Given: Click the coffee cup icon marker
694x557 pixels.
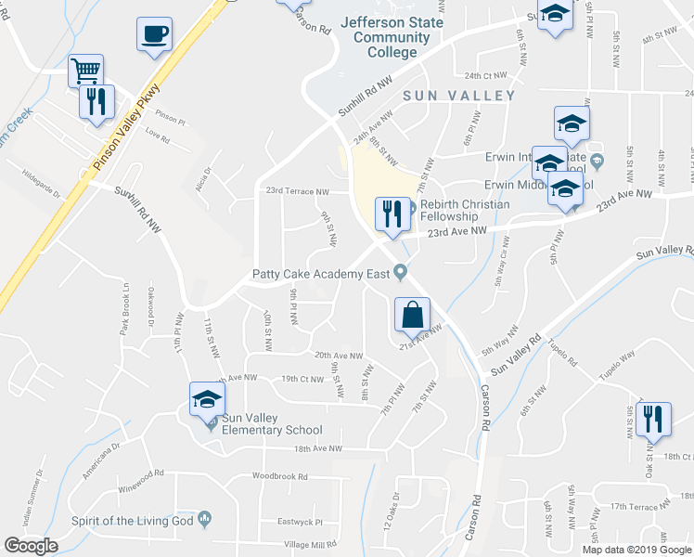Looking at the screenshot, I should [154, 34].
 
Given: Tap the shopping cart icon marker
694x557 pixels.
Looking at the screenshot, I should [85, 70].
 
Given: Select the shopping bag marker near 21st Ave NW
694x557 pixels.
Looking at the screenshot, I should [411, 315].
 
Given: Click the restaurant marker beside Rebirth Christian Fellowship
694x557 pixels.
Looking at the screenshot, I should [390, 215].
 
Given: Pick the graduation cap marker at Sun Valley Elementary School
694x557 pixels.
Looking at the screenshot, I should [207, 400].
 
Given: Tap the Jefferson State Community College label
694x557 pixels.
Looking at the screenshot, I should [392, 37].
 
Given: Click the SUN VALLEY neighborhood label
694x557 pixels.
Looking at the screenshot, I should [459, 96].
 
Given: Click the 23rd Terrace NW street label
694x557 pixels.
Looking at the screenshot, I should [297, 192].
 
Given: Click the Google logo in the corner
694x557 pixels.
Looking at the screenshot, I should [32, 546].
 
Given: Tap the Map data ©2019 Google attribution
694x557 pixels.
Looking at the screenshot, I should [637, 550].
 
